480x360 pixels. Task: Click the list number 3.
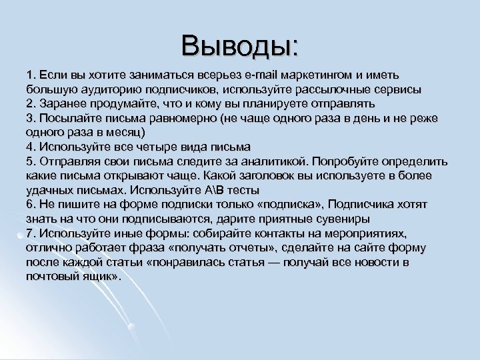(x=30, y=118)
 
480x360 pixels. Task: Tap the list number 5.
(x=30, y=161)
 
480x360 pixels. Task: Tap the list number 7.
(x=30, y=233)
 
